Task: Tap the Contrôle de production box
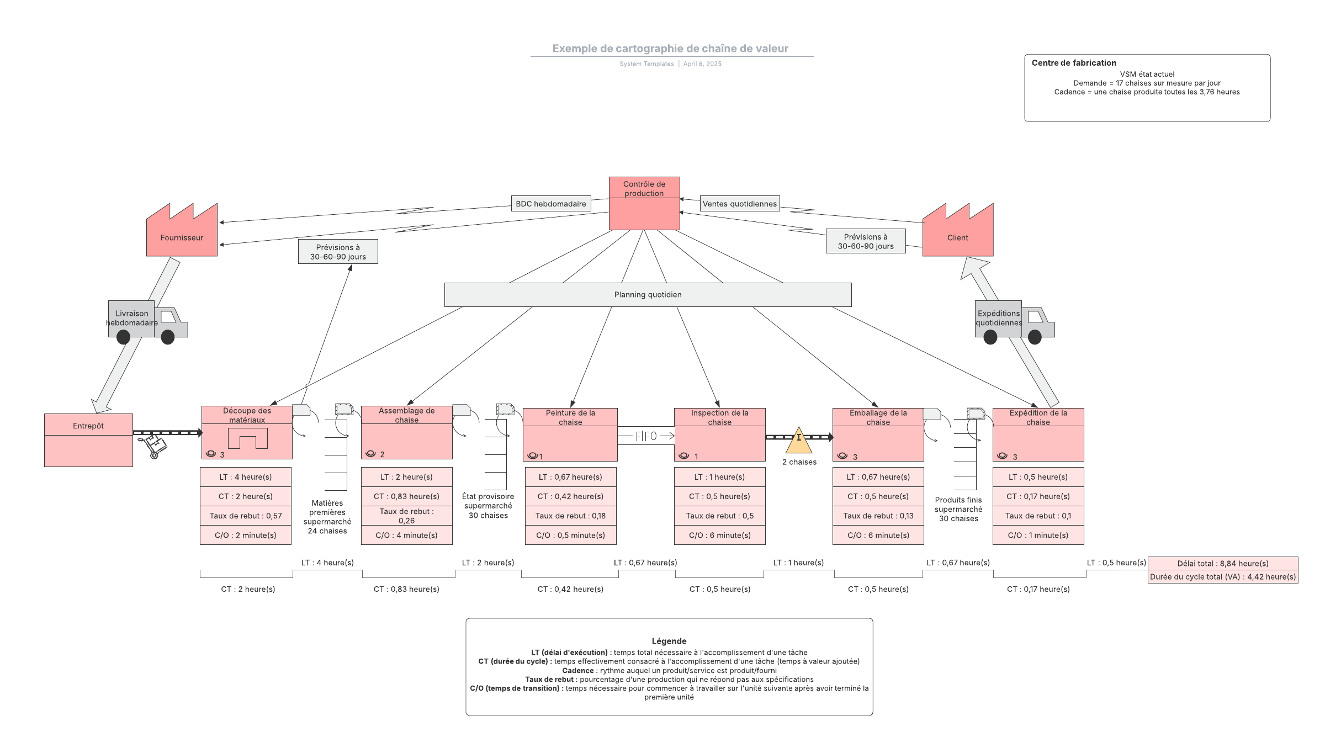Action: click(x=644, y=203)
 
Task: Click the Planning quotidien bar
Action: click(x=648, y=295)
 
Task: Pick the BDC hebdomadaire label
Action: click(x=551, y=204)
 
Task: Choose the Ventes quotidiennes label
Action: click(x=740, y=204)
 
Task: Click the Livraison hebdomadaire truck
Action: click(x=147, y=322)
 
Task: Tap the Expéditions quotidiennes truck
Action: click(x=1015, y=322)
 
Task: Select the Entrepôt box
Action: click(x=88, y=440)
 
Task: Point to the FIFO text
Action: click(x=646, y=436)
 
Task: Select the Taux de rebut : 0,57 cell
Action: click(x=246, y=516)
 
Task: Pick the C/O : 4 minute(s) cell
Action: click(x=407, y=535)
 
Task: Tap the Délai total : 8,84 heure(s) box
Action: click(x=1223, y=563)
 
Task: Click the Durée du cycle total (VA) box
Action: click(x=1223, y=577)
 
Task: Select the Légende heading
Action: click(x=669, y=641)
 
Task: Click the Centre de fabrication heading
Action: click(x=1074, y=63)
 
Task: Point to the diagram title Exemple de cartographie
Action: click(x=670, y=49)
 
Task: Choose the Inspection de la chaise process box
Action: click(x=720, y=434)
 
